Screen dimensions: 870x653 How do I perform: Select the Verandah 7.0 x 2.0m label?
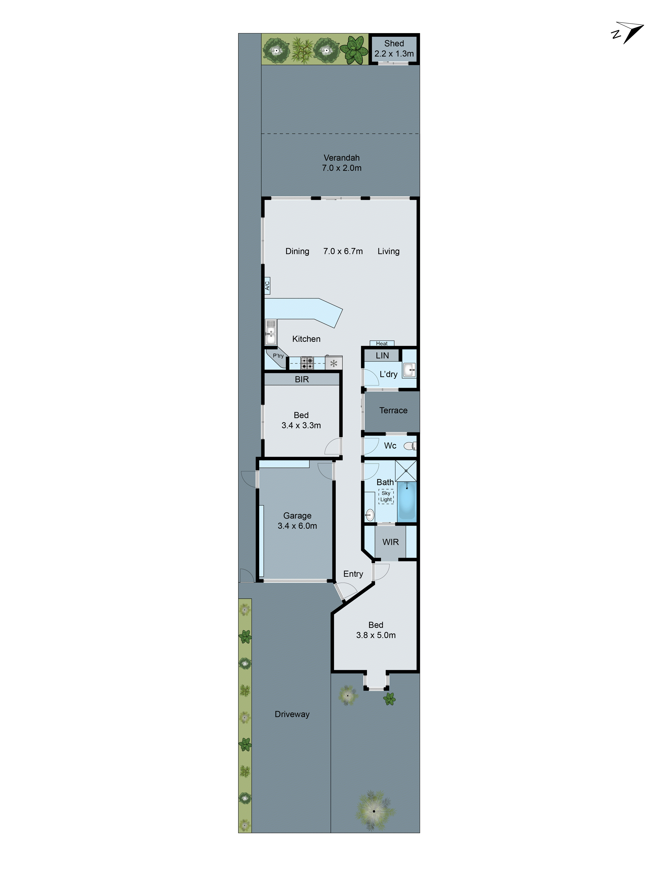pos(341,163)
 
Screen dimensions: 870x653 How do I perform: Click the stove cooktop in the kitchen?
pos(307,363)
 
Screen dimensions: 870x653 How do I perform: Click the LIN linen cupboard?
pos(382,355)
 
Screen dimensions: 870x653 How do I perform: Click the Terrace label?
pos(393,411)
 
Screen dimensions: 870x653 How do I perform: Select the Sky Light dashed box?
pos(386,496)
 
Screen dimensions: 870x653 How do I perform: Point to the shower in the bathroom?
pos(406,470)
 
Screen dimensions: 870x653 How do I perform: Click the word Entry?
pos(353,574)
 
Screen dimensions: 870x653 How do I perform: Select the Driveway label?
pos(292,714)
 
